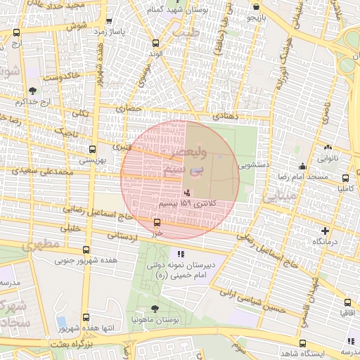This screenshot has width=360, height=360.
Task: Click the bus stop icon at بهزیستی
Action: pos(92,149)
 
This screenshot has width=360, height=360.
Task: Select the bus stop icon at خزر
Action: pos(157,223)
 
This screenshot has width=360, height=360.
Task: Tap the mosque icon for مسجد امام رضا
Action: pos(302,166)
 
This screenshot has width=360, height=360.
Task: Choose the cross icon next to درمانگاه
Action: pos(324,231)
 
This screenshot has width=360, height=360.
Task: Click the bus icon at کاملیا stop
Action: pos(345,179)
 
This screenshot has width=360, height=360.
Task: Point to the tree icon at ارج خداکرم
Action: pos(32,90)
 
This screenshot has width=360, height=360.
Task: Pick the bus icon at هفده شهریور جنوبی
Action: pos(86,250)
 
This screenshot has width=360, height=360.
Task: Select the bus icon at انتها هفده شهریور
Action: pos(86,318)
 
